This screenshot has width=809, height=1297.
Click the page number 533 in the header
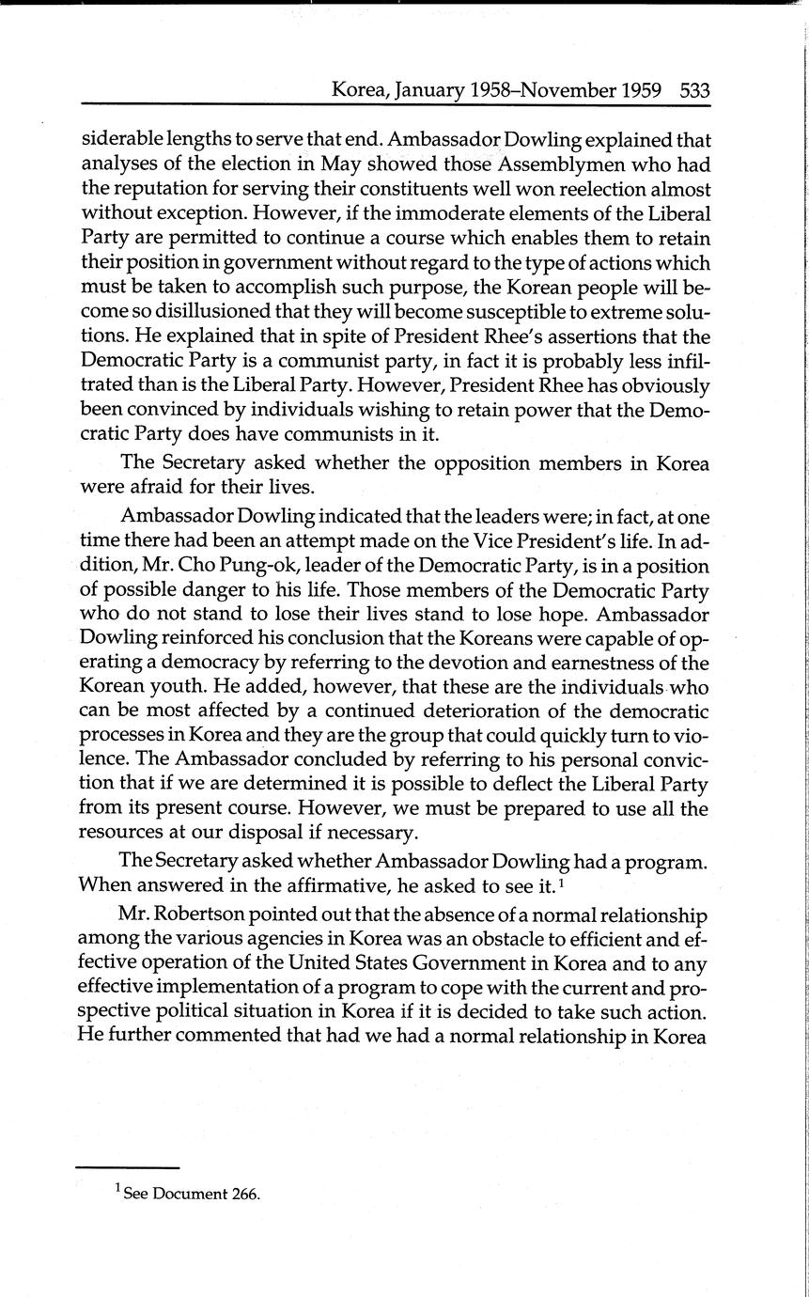[693, 90]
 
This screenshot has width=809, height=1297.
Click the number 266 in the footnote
[243, 1195]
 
